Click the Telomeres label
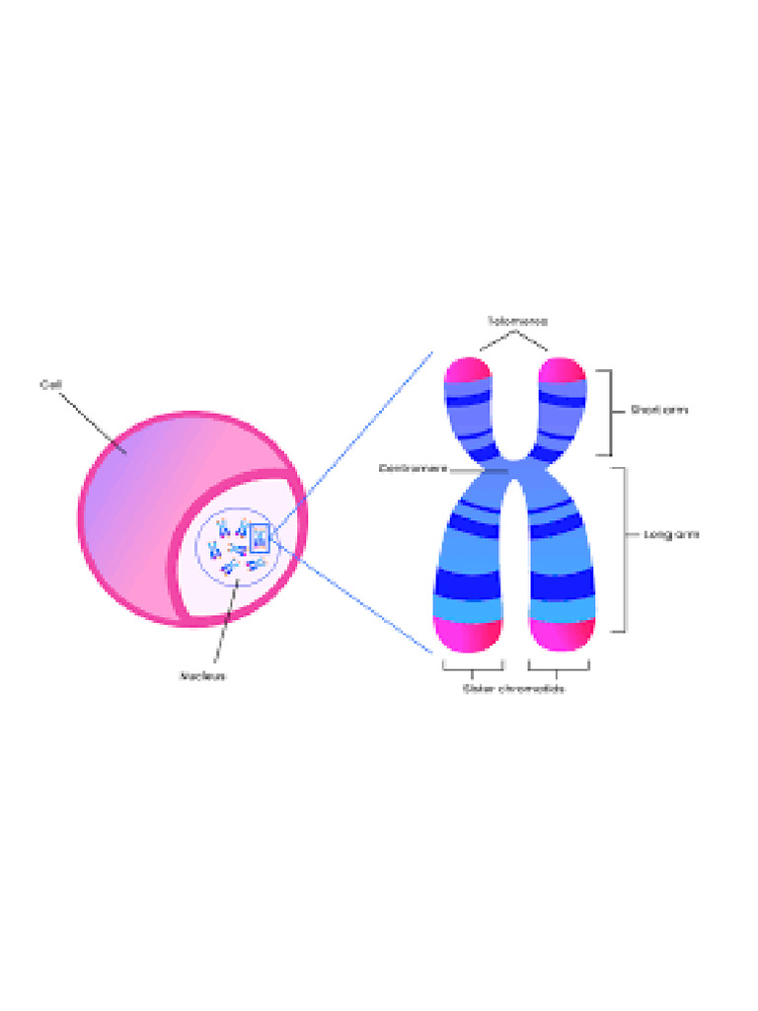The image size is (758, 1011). tap(516, 321)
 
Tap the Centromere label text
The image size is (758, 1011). tap(414, 468)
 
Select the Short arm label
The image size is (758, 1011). tap(659, 411)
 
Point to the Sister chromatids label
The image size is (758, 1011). tap(514, 688)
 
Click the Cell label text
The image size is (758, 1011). tap(51, 384)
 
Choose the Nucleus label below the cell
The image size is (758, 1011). tap(202, 676)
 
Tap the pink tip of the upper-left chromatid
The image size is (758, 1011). tap(468, 370)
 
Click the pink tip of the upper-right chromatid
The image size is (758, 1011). tap(563, 370)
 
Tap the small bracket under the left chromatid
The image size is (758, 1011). tap(473, 667)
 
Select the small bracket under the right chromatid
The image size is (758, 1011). tap(559, 667)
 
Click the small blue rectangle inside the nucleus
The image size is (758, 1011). tap(260, 538)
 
